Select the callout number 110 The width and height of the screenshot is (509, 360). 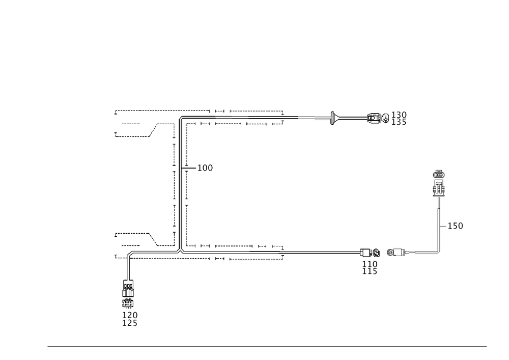[371, 264]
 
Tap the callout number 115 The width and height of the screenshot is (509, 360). [371, 271]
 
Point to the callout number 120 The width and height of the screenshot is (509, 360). [131, 316]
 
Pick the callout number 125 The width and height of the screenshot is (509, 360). [131, 323]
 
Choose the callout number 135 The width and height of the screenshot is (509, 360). [399, 122]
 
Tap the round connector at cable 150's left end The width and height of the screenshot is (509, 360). [394, 252]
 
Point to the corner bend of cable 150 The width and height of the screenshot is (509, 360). [439, 252]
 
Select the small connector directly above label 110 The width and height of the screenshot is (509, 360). [370, 252]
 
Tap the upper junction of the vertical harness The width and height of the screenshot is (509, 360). [180, 118]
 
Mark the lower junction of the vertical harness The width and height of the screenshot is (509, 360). [180, 250]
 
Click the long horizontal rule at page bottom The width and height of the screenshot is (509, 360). [267, 348]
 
